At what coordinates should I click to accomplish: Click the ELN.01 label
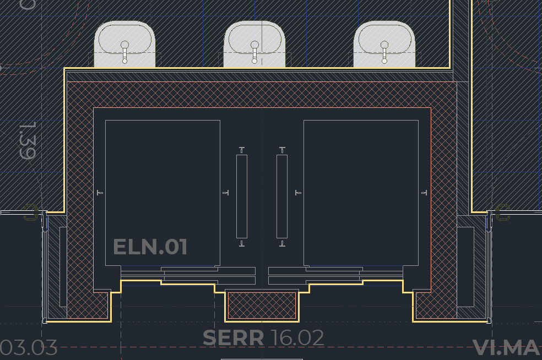150,247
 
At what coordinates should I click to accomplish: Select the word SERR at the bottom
233,337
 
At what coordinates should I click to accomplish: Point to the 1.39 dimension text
27,141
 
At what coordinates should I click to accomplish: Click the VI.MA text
506,347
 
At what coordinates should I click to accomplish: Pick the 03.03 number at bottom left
29,348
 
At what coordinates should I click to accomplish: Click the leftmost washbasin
124,43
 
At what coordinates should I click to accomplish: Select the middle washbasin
254,43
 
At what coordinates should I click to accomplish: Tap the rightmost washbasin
384,43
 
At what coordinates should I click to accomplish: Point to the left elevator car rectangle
162,193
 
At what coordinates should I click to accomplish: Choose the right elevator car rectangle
361,193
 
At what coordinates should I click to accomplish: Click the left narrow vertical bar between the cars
241,196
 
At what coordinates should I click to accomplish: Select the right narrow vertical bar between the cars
282,196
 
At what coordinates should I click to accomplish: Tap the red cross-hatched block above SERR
262,306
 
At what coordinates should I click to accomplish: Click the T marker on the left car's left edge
100,193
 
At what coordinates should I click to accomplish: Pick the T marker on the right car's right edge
424,193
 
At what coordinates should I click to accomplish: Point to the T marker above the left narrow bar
241,150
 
